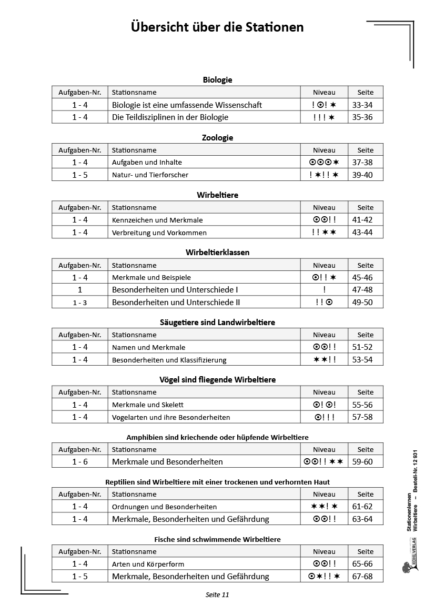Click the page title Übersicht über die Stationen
[x=217, y=27]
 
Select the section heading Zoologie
[x=217, y=138]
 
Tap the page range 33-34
[x=362, y=105]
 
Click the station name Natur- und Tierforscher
[x=150, y=175]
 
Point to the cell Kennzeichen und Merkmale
[x=157, y=220]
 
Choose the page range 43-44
[x=362, y=232]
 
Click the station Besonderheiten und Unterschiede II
[x=176, y=302]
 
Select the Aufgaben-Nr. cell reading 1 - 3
[x=80, y=303]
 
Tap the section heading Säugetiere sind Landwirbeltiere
[x=217, y=322]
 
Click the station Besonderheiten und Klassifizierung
[x=169, y=360]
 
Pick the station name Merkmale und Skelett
[x=147, y=405]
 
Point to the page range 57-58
[x=362, y=417]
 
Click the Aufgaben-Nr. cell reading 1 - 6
[x=80, y=462]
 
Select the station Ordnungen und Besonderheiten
[x=164, y=507]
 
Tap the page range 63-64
[x=362, y=519]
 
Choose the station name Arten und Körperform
[x=148, y=564]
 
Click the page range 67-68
[x=362, y=577]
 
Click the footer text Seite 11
[x=217, y=595]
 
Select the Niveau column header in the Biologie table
[x=324, y=92]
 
